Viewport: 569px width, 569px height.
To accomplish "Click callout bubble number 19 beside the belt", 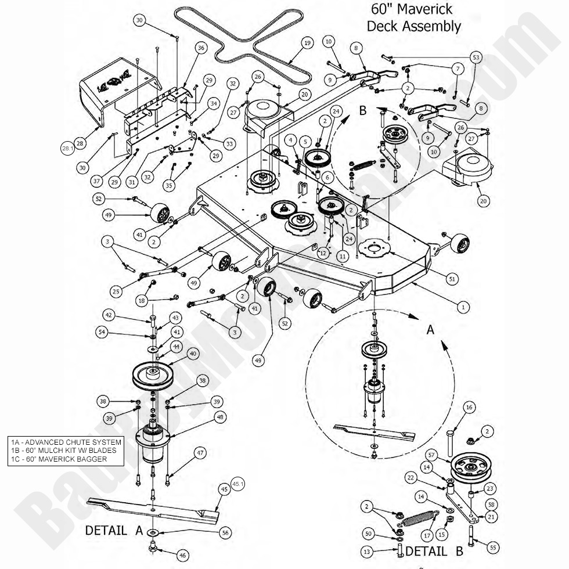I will [307, 43].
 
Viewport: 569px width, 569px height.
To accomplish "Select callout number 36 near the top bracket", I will [201, 48].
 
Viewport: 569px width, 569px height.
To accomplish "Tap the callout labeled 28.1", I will [67, 149].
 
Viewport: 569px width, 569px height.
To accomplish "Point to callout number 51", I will [452, 278].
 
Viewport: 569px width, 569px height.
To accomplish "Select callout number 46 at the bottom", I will [182, 556].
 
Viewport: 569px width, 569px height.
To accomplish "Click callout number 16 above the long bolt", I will [469, 407].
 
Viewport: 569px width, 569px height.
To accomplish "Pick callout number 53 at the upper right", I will [476, 57].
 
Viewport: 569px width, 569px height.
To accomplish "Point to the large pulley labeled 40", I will [154, 377].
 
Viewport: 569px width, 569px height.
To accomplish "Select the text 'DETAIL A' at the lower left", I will [114, 530].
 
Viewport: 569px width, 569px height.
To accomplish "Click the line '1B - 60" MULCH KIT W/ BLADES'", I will [64, 450].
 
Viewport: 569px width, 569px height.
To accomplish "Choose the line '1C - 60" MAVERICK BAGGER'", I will [59, 459].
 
